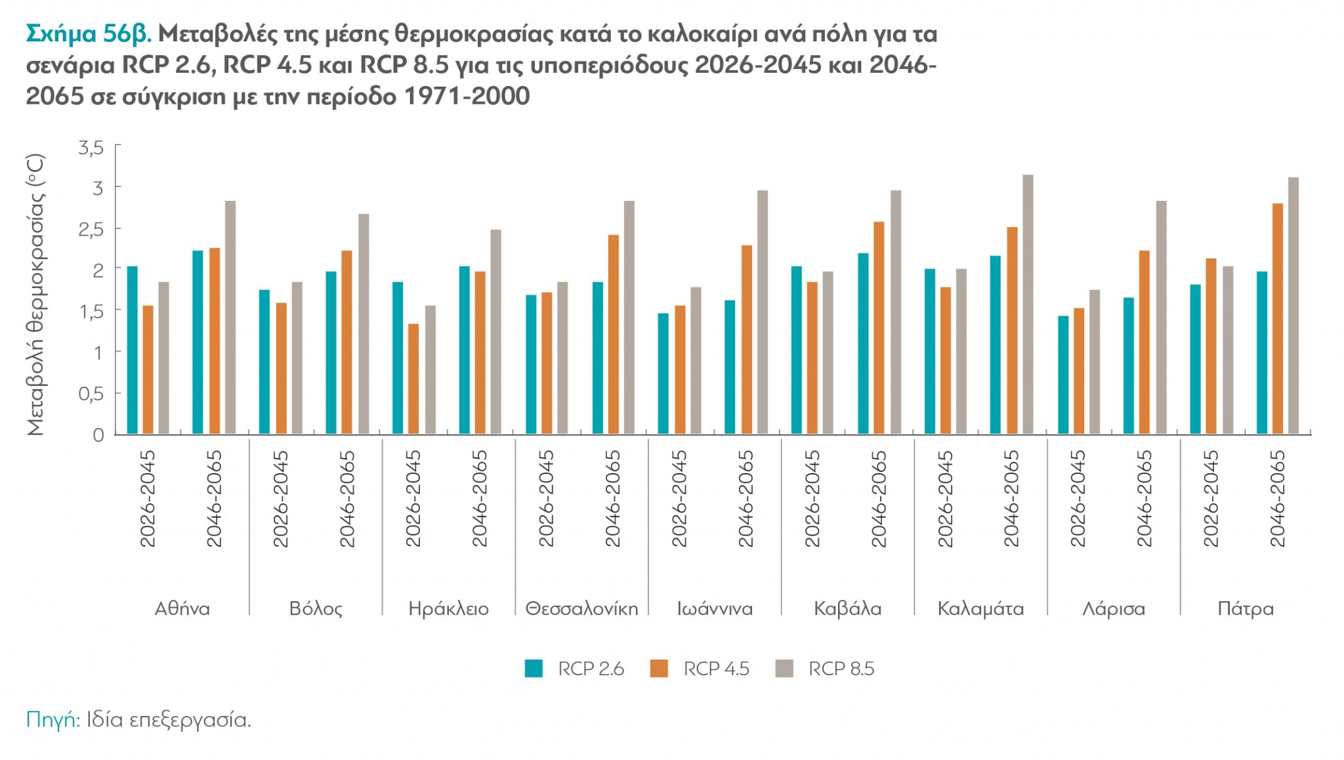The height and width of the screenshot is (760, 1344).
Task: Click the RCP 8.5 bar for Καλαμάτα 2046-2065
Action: coord(1028,305)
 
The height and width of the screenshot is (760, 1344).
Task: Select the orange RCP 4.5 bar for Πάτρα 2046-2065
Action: coord(1277,319)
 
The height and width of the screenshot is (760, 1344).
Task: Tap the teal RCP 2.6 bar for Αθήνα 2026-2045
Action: coord(133,350)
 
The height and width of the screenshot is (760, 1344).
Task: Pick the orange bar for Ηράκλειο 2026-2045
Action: coord(413,379)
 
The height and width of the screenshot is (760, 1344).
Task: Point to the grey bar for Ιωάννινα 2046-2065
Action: coord(762,312)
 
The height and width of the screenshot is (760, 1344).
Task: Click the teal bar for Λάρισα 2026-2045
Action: coord(1063,375)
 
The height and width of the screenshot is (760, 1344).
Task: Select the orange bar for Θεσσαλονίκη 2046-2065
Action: coord(614,335)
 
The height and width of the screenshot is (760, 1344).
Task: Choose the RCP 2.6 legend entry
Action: coord(575,669)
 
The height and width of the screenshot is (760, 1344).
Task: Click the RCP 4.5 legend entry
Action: coord(700,669)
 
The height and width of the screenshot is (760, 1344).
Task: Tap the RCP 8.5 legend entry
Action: coord(826,669)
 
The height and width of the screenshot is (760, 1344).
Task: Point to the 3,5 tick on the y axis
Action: coord(91,148)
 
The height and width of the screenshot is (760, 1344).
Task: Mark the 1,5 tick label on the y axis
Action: coord(91,312)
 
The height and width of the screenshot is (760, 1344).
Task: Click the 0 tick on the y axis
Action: coord(98,435)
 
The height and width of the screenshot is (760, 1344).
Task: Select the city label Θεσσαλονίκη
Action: coord(581,609)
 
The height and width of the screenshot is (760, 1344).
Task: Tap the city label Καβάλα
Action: coord(847,609)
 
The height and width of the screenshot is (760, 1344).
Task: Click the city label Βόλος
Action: coord(316,609)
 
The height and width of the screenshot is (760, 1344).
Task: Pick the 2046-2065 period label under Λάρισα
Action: coord(1144,499)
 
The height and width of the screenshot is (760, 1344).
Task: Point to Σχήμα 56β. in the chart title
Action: coord(89,34)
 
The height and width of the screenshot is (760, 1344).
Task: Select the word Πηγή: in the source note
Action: coord(53,720)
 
